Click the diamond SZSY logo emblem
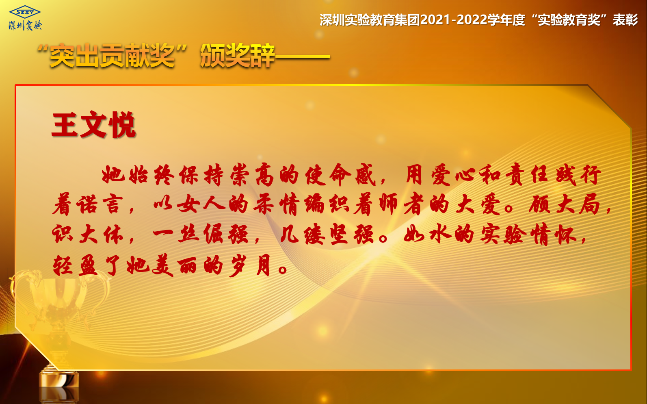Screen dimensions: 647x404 click(25, 12)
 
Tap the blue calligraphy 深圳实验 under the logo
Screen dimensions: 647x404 click(26, 26)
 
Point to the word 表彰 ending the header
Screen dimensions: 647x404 click(625, 20)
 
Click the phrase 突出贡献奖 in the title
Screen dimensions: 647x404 click(113, 56)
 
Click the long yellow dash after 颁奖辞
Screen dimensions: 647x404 click(302, 57)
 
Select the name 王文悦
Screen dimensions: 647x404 click(93, 124)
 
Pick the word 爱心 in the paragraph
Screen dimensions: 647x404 click(454, 175)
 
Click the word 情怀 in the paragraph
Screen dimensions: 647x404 click(554, 234)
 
